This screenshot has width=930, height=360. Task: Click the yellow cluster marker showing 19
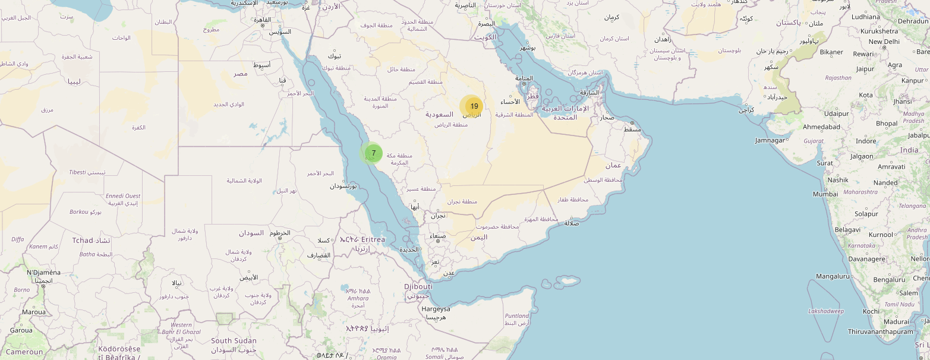pyautogui.click(x=473, y=106)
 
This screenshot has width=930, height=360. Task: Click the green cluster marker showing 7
pyautogui.click(x=373, y=153)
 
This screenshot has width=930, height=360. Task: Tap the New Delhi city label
pyautogui.click(x=884, y=42)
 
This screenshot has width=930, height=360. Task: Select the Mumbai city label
pyautogui.click(x=825, y=194)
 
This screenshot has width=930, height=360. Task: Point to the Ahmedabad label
pyautogui.click(x=821, y=127)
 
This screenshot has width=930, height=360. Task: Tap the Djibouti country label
pyautogui.click(x=418, y=286)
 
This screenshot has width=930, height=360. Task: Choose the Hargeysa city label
pyautogui.click(x=436, y=309)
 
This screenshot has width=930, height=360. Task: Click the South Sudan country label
pyautogui.click(x=234, y=341)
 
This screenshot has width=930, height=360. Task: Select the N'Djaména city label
pyautogui.click(x=43, y=273)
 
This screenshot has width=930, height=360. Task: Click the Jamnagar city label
pyautogui.click(x=770, y=140)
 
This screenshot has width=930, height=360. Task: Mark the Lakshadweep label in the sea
pyautogui.click(x=825, y=311)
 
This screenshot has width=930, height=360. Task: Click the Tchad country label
pyautogui.click(x=83, y=241)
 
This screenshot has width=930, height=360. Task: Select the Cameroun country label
pyautogui.click(x=24, y=352)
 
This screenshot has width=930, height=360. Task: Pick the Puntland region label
pyautogui.click(x=516, y=316)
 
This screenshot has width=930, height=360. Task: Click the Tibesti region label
pyautogui.click(x=77, y=172)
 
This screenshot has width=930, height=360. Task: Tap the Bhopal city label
pyautogui.click(x=887, y=124)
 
